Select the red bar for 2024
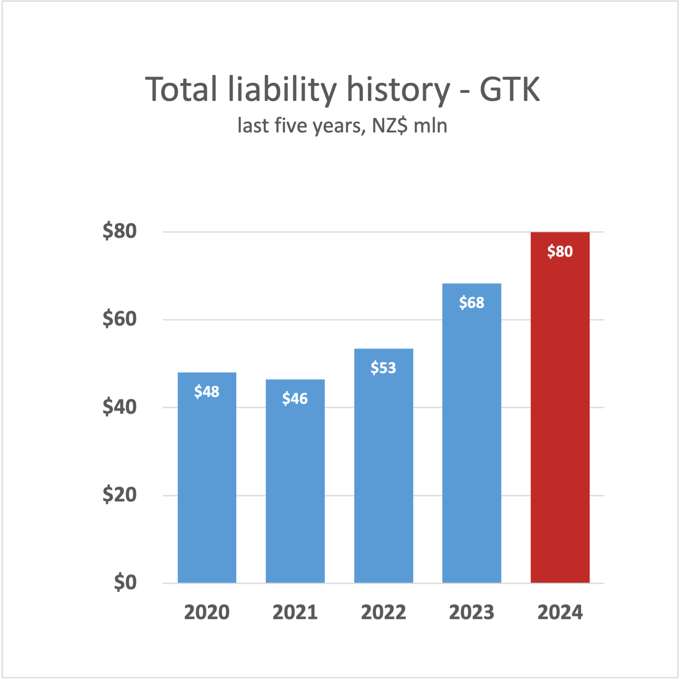(x=560, y=410)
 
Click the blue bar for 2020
(x=207, y=480)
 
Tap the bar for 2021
(x=295, y=484)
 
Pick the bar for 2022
(x=383, y=467)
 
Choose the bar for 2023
(x=471, y=434)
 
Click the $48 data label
(x=207, y=391)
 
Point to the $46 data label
(x=295, y=398)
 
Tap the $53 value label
(x=383, y=368)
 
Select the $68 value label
(x=471, y=302)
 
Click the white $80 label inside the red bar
(x=560, y=251)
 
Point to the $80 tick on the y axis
(x=120, y=231)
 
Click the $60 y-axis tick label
(x=120, y=319)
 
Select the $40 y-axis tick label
(x=120, y=407)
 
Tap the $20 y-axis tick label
(x=120, y=495)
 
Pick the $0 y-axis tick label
(x=125, y=582)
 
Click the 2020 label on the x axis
(x=207, y=612)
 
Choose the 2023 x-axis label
(x=471, y=612)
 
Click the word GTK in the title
(x=509, y=89)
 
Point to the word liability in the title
(x=282, y=90)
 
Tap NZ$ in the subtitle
(x=389, y=125)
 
